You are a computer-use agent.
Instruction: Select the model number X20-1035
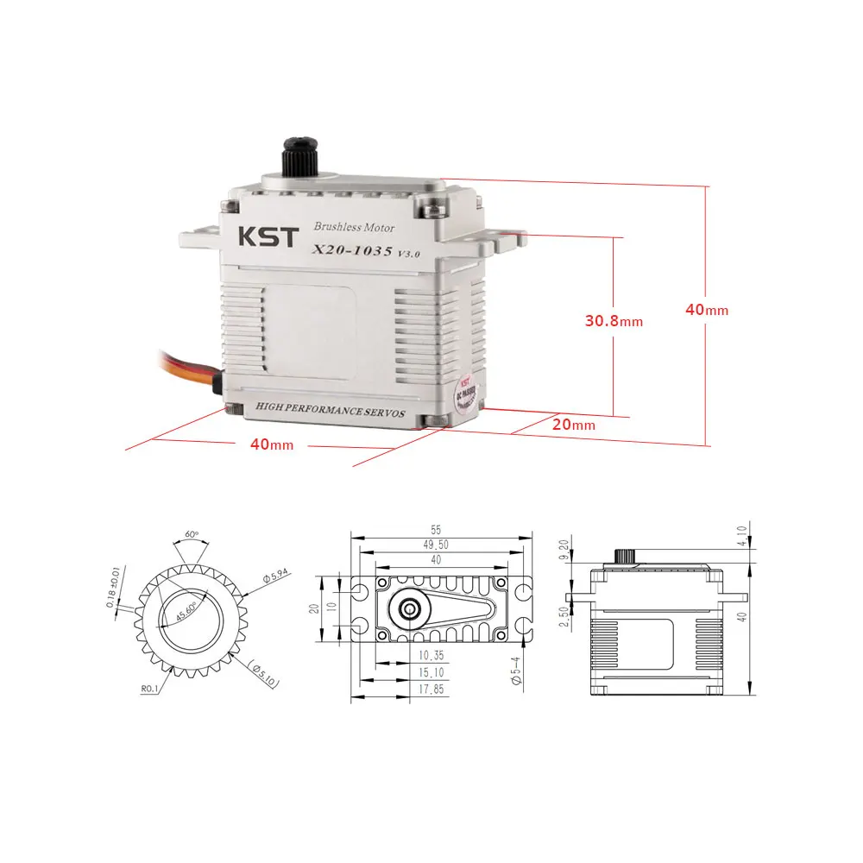[350, 251]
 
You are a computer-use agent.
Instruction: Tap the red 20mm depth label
[574, 425]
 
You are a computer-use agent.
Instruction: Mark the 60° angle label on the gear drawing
[192, 534]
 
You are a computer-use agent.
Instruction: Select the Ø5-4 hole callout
[516, 671]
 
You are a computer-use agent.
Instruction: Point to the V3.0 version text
[408, 253]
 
